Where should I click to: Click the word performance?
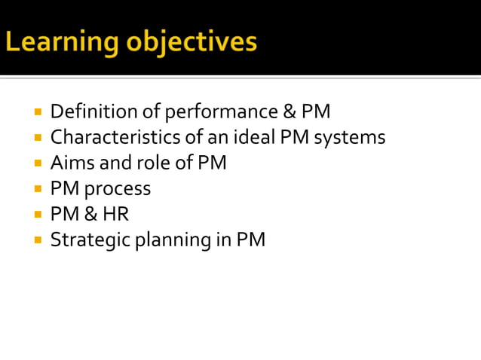[x=220, y=112]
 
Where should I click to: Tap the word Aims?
[x=69, y=163]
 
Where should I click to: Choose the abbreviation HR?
[x=117, y=214]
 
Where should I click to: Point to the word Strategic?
[x=84, y=240]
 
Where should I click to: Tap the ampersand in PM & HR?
[x=91, y=214]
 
